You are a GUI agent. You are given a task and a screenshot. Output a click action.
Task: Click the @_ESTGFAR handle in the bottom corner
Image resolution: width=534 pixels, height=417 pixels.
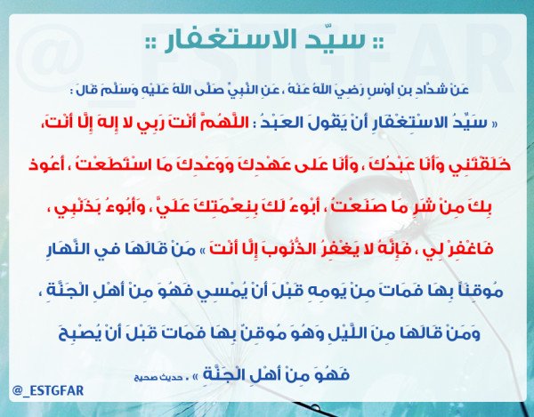click(48, 390)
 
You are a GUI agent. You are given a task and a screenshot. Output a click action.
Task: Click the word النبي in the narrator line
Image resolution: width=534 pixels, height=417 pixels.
click(273, 90)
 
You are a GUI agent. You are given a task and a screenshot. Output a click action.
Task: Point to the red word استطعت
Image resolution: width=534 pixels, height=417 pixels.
click(105, 164)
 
